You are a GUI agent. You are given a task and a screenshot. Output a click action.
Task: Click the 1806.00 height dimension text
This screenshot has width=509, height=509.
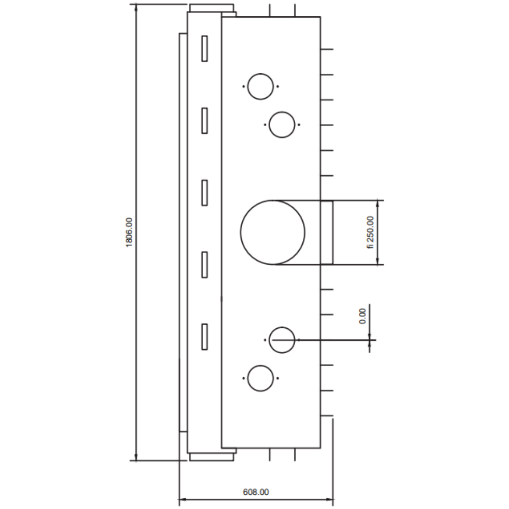(129, 232)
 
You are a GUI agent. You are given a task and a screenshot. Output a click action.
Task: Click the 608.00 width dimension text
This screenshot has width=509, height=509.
(256, 492)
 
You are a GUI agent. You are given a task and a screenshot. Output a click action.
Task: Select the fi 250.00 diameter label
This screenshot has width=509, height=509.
(371, 233)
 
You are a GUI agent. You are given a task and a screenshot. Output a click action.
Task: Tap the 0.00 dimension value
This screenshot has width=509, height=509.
(362, 316)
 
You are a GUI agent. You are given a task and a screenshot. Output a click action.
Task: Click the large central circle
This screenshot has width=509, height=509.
(241, 233)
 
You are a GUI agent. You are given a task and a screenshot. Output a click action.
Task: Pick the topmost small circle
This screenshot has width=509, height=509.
(248, 87)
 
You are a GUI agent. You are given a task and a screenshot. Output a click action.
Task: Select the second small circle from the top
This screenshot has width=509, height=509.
(269, 125)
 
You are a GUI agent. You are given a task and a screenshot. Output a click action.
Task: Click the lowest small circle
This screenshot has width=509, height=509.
(248, 378)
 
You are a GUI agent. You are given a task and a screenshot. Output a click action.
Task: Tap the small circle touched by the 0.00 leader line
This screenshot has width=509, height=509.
(269, 340)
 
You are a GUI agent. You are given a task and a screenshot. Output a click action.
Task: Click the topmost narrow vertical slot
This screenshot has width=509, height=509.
(205, 49)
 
